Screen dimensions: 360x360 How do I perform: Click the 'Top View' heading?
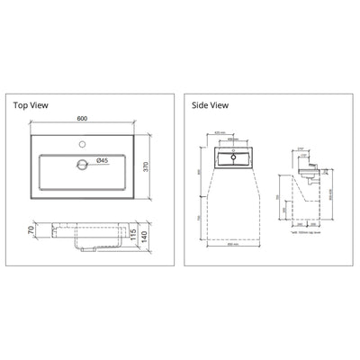(x=32, y=103)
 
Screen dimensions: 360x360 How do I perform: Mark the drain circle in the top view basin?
(x=84, y=164)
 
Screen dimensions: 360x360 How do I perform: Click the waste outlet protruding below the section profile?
(x=85, y=249)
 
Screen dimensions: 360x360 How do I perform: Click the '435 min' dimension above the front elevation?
(x=231, y=132)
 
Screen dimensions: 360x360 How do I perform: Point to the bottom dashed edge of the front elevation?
(x=231, y=238)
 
